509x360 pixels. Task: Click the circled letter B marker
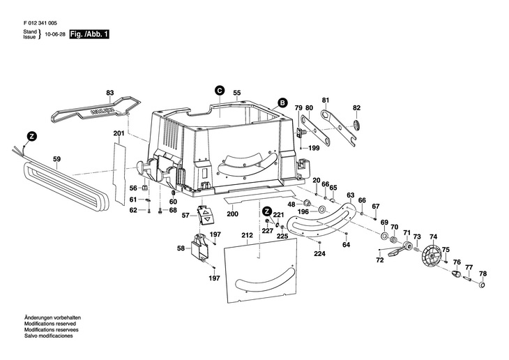click(282, 103)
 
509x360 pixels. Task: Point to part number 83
click(109, 93)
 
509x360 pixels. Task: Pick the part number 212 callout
click(247, 237)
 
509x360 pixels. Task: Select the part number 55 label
click(237, 93)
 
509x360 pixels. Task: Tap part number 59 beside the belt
click(58, 158)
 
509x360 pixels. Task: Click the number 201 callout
click(119, 133)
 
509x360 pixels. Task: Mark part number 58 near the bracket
click(181, 248)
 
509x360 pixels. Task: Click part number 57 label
click(185, 216)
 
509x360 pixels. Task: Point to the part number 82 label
click(356, 107)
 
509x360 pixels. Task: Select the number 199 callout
click(314, 148)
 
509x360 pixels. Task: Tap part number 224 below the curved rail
click(319, 253)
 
